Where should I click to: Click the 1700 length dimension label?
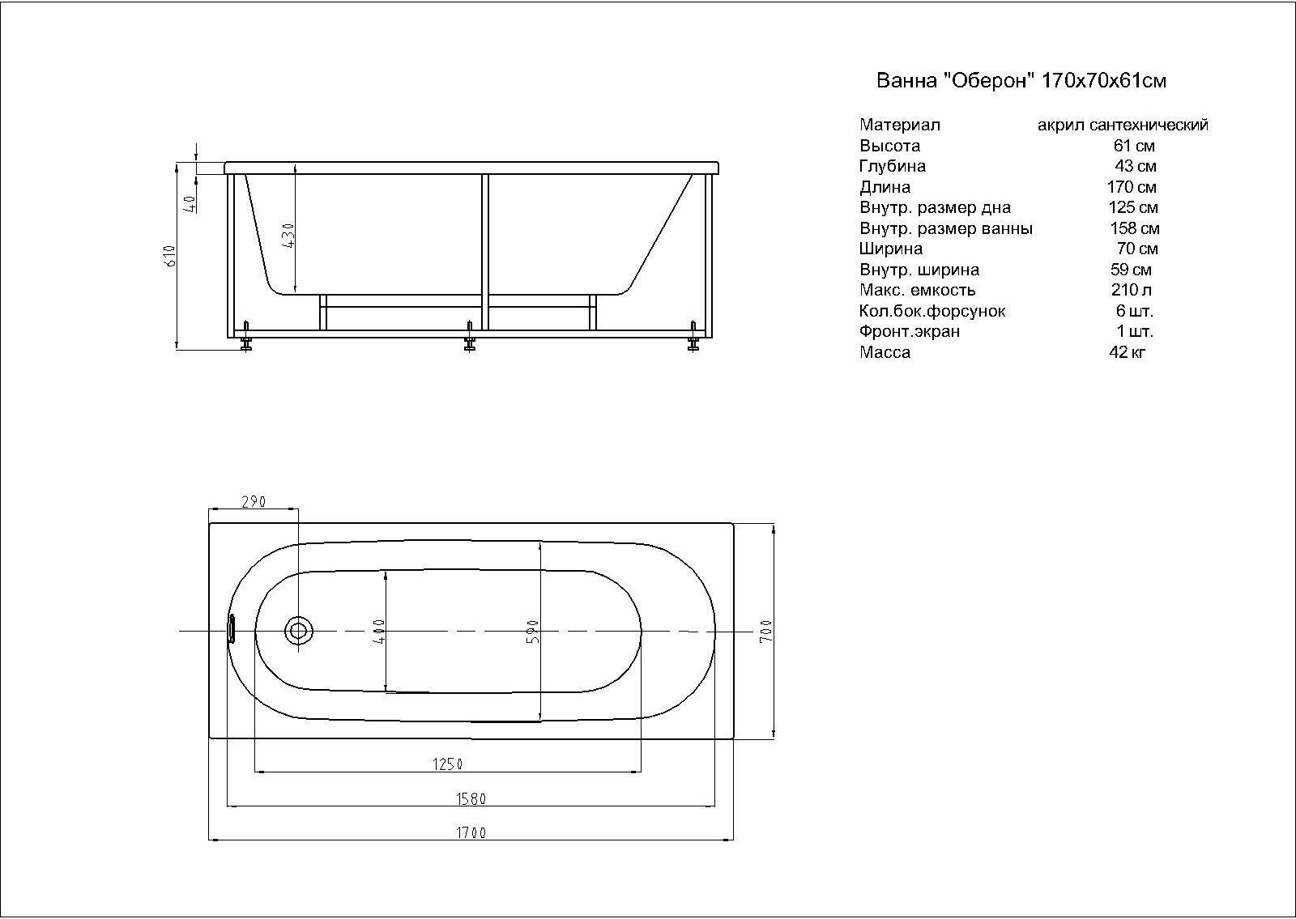click(x=471, y=833)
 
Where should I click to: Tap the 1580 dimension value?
click(x=471, y=799)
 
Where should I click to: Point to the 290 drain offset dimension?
click(x=254, y=502)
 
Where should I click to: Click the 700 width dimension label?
click(x=766, y=631)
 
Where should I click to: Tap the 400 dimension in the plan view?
click(x=380, y=632)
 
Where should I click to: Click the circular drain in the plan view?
click(x=299, y=631)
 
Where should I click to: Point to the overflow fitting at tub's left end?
click(x=232, y=629)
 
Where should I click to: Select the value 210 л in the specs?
click(x=1132, y=290)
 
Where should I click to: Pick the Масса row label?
click(x=885, y=352)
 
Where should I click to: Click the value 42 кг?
click(x=1128, y=352)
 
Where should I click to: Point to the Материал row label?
click(x=900, y=126)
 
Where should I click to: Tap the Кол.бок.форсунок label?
click(x=932, y=311)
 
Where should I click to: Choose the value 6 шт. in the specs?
click(x=1134, y=311)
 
